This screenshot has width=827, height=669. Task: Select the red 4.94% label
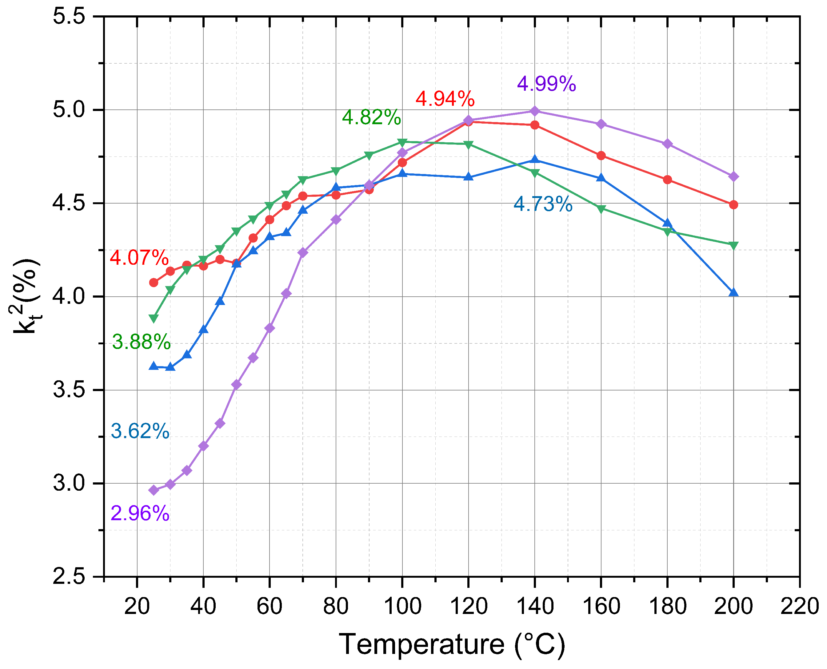445,99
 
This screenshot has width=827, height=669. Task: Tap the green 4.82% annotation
371,117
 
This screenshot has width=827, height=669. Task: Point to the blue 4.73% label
542,204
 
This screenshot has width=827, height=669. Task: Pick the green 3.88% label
141,342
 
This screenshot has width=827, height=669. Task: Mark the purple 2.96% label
140,514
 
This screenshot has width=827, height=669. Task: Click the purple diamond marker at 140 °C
534,111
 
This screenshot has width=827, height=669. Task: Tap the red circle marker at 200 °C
733,205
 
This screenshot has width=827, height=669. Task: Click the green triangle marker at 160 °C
601,209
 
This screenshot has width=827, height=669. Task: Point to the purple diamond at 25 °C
154,490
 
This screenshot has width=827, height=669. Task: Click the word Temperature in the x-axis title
421,644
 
